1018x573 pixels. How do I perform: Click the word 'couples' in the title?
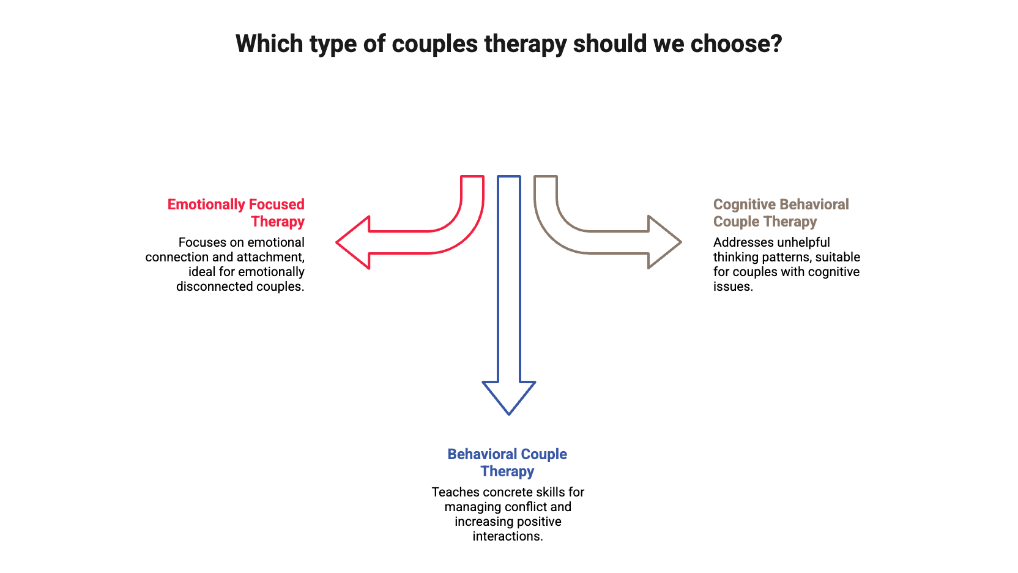click(434, 44)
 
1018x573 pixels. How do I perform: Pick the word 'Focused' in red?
click(281, 204)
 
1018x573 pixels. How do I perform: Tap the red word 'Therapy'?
click(278, 222)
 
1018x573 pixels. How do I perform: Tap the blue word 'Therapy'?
click(507, 471)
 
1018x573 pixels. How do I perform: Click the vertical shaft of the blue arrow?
click(508, 275)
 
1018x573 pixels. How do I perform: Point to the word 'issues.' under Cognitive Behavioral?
click(732, 286)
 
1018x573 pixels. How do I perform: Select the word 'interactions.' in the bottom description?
click(507, 537)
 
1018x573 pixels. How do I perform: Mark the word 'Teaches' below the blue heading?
click(451, 492)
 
